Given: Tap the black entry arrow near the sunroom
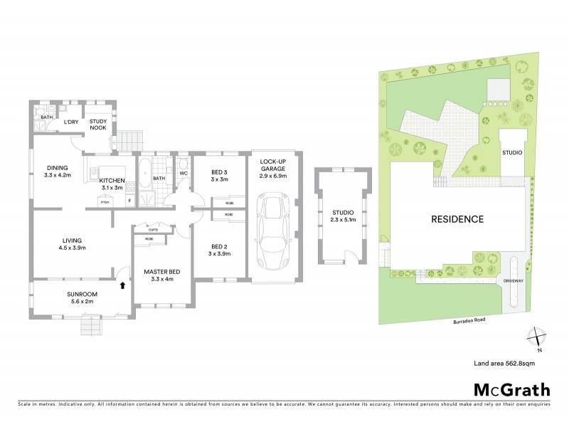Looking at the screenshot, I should pos(122,285).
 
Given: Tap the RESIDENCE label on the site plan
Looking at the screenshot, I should pos(457,219).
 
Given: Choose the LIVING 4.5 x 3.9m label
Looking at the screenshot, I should pos(73,244).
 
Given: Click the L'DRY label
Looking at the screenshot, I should pos(71,122).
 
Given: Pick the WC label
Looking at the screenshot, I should pos(182,172).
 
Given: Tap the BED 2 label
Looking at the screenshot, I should pos(220,250).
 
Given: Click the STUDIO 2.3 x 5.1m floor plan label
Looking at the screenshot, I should pos(342,216).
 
